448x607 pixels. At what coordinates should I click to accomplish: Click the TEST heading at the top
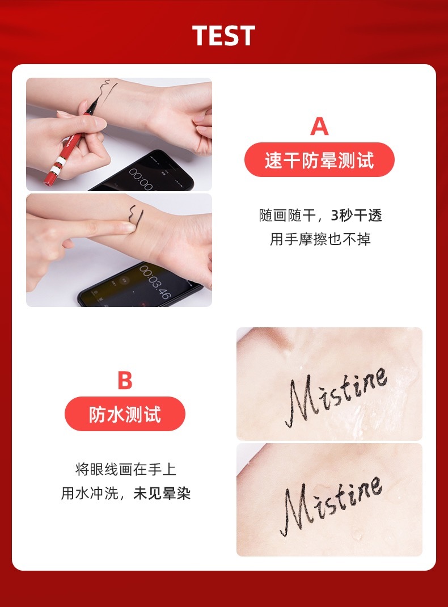click(223, 36)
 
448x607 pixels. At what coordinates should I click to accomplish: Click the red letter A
click(319, 126)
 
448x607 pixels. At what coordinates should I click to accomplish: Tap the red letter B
click(125, 380)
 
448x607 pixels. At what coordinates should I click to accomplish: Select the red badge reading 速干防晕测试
click(319, 160)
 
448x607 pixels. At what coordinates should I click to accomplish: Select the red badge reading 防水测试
click(125, 414)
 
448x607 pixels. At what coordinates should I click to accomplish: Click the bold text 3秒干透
click(356, 215)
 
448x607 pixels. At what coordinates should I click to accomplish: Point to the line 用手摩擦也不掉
click(320, 239)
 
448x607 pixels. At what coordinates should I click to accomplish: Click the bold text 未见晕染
click(162, 493)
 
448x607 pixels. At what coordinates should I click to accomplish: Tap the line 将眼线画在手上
click(126, 469)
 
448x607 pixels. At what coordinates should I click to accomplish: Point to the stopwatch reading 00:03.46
click(155, 281)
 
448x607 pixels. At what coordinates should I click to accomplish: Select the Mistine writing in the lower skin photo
click(332, 505)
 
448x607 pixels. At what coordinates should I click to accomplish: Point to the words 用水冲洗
click(90, 493)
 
